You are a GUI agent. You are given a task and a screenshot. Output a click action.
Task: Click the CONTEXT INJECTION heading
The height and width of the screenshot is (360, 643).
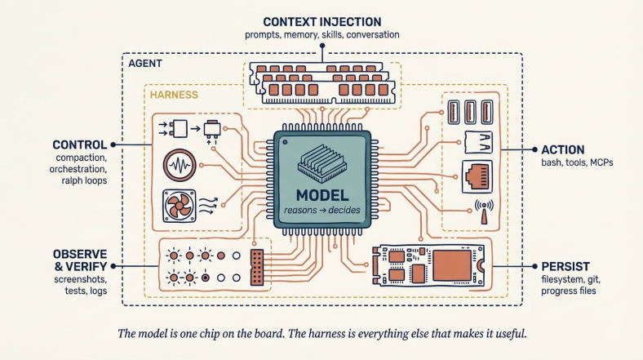(x=322, y=22)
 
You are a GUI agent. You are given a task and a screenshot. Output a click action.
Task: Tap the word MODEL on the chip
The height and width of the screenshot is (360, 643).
(x=322, y=195)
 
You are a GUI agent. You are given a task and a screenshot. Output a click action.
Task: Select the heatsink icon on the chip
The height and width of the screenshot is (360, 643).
(x=322, y=163)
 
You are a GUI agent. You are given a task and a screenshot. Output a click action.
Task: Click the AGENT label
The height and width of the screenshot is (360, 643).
(x=145, y=64)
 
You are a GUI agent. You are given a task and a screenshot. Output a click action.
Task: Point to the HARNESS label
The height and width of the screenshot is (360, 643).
(x=174, y=95)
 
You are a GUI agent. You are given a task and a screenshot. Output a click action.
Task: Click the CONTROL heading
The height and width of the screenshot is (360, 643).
(x=79, y=144)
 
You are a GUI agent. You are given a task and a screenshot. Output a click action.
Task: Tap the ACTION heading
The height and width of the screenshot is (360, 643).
(x=563, y=149)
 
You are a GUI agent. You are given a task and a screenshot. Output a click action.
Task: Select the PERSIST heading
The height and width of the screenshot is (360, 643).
(x=565, y=266)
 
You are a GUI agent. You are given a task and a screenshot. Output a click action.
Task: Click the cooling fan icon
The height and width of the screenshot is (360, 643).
(x=180, y=206)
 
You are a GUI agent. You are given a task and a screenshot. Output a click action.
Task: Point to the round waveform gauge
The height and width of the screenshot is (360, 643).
(x=180, y=165)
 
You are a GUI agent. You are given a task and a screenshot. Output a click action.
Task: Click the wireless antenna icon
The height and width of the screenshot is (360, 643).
(x=484, y=211)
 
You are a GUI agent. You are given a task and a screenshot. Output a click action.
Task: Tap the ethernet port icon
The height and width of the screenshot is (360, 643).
(x=477, y=176)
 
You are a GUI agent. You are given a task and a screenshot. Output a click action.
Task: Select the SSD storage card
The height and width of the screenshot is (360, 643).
(x=428, y=265)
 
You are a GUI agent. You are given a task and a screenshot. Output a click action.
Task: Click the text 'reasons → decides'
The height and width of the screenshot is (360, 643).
(x=322, y=211)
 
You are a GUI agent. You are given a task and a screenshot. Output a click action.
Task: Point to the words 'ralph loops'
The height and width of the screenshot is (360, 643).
(x=84, y=180)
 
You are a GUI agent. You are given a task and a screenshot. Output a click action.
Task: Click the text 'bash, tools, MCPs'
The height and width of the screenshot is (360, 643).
(x=577, y=162)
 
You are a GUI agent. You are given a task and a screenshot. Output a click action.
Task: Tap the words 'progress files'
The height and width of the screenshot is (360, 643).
(x=569, y=291)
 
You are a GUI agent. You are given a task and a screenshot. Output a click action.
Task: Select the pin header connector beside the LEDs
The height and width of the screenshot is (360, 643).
(x=257, y=267)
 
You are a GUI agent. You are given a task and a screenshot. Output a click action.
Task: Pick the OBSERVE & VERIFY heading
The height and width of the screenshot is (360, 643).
(x=80, y=260)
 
